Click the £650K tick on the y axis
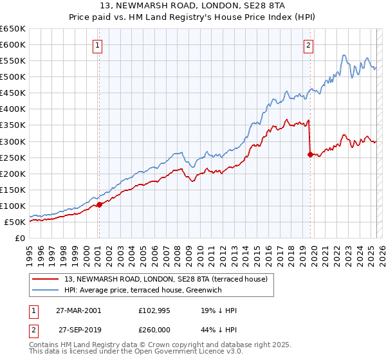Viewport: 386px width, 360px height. pos(13,29)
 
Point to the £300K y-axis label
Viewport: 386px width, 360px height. pos(13,141)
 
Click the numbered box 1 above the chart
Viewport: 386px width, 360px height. pos(98,45)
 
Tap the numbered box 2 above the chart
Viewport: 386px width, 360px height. pos(309,45)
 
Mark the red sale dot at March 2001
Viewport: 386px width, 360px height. pos(100,205)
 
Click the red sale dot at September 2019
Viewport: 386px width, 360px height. pos(310,154)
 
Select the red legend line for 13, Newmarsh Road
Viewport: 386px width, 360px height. pos(46,279)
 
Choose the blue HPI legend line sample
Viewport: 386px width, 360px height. pos(46,290)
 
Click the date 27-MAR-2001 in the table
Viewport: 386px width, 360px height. pos(80,310)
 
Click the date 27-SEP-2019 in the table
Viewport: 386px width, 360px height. pos(80,329)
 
